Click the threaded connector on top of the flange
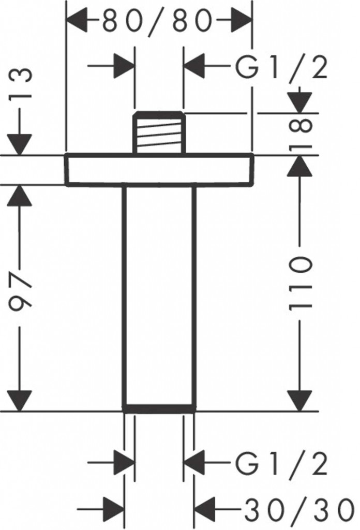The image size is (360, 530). point(159,132)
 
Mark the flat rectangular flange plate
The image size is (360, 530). point(159,169)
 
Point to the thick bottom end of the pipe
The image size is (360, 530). point(159,408)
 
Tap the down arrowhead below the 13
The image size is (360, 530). point(20,144)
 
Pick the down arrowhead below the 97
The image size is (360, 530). point(20,401)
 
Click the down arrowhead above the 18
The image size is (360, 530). point(299,102)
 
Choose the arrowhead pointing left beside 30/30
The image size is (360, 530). point(206,509)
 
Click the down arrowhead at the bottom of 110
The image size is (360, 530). point(299,401)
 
